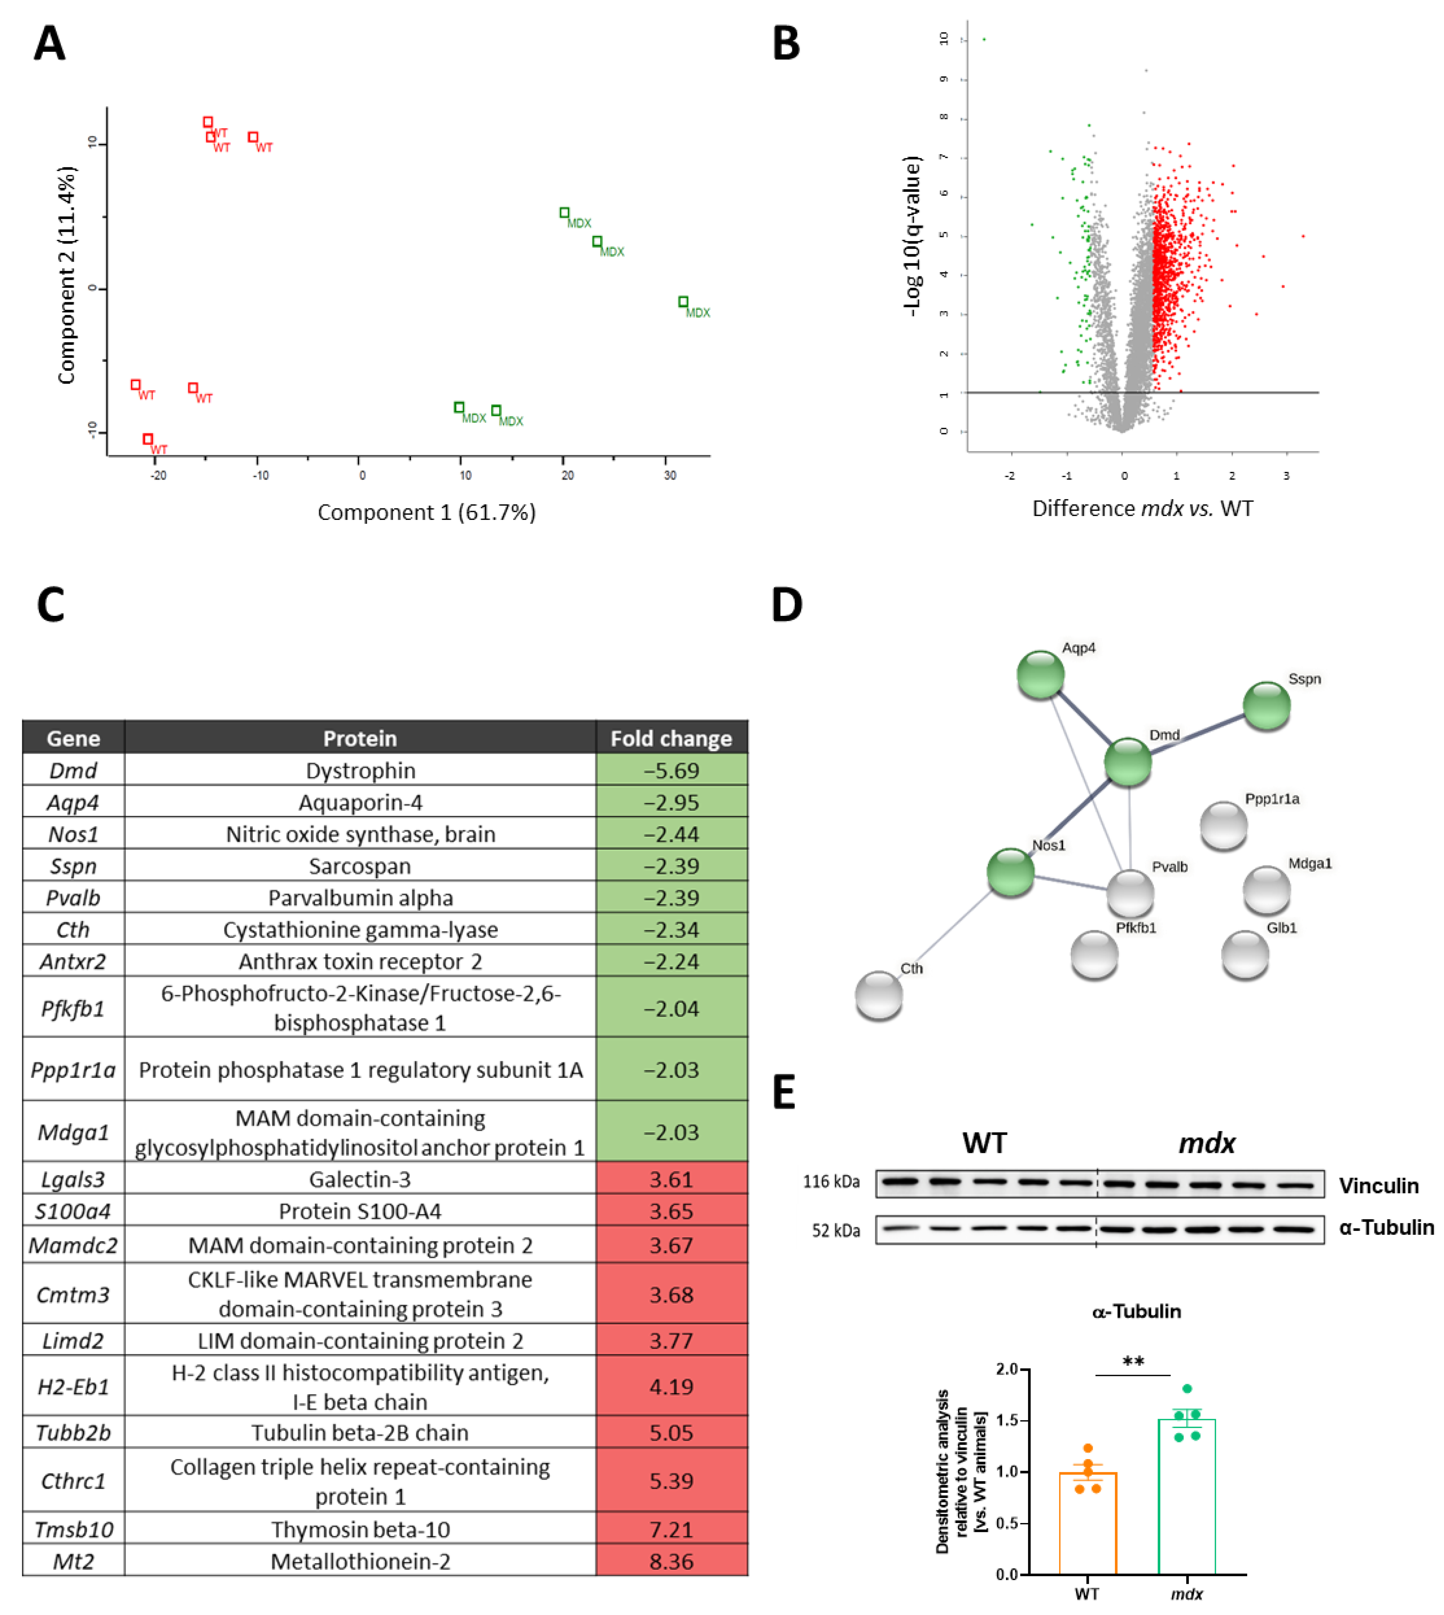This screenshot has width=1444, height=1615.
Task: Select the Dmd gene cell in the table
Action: pyautogui.click(x=73, y=770)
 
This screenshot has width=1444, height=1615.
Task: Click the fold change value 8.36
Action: pyautogui.click(x=671, y=1561)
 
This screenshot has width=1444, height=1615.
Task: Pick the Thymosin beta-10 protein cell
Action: pyautogui.click(x=360, y=1529)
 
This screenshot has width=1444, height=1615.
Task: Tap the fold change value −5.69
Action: pyautogui.click(x=671, y=770)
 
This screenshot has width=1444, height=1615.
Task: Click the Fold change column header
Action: pyautogui.click(x=671, y=738)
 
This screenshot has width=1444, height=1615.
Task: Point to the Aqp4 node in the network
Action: pyautogui.click(x=1040, y=675)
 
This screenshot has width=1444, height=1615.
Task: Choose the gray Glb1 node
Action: pyautogui.click(x=1245, y=954)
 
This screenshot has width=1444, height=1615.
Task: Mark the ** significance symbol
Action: pyautogui.click(x=1133, y=1362)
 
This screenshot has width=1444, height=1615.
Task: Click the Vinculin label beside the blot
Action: pyautogui.click(x=1378, y=1186)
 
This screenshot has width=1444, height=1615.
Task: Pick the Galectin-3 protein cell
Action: pyautogui.click(x=360, y=1179)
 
